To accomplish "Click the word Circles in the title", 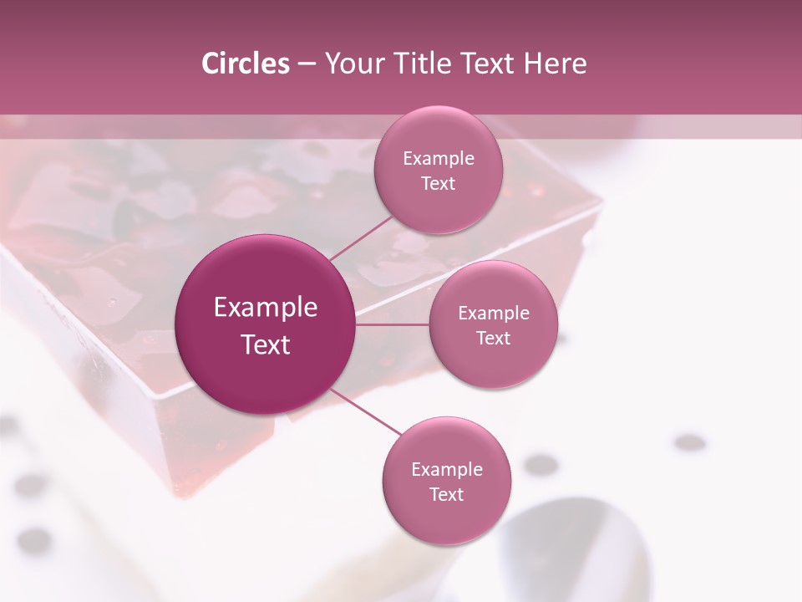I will coord(246,64).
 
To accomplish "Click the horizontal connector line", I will coord(393,324).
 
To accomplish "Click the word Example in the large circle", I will coord(265,308).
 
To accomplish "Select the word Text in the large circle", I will coord(265,344).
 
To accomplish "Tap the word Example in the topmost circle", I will coord(438,159).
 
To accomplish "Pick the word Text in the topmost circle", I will coord(438,184).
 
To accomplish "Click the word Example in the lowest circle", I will coord(446,470).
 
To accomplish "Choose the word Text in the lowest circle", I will coord(446,495).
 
